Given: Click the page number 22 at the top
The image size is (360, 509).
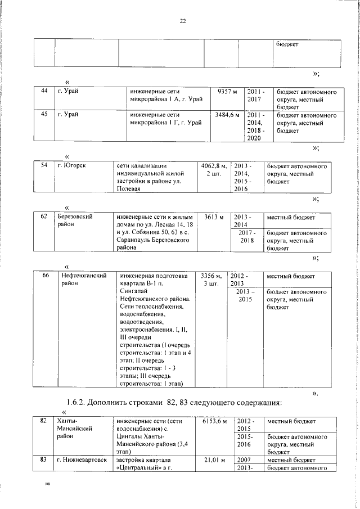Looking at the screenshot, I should click(x=182, y=21).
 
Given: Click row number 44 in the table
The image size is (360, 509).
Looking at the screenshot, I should click(x=44, y=91).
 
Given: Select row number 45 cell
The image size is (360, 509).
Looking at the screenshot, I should click(x=44, y=115).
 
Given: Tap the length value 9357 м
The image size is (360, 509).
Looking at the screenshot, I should click(x=227, y=91).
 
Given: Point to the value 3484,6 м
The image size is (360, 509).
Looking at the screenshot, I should click(x=227, y=115).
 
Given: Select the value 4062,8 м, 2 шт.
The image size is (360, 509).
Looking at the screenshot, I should click(x=214, y=170).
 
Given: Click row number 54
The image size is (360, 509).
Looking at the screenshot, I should click(x=44, y=166).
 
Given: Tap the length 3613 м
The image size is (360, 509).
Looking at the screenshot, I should click(x=214, y=217).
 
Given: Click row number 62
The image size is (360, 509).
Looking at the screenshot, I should click(x=44, y=217).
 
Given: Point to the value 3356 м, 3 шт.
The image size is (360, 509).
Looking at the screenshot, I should click(x=211, y=280).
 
